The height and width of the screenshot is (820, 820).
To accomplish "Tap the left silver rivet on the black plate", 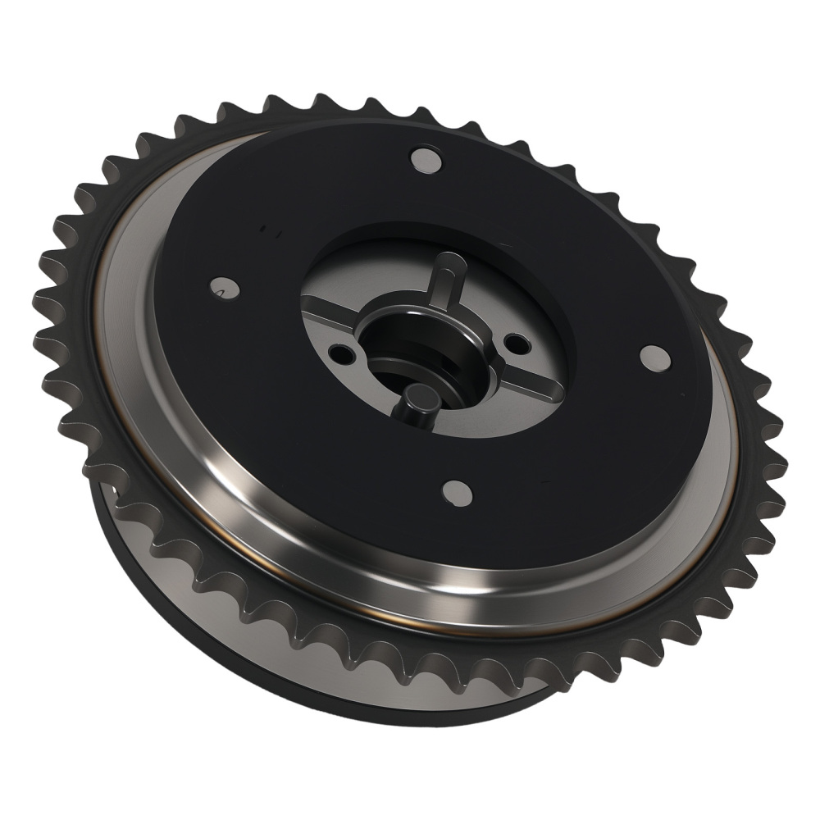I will tap(221, 288).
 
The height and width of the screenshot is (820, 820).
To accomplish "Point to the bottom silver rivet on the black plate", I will tap(457, 492).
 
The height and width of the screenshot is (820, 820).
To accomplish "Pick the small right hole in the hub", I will tap(514, 344).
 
